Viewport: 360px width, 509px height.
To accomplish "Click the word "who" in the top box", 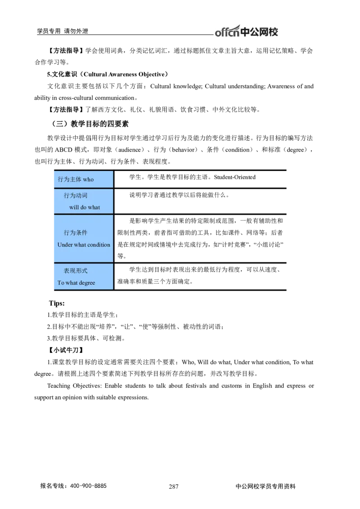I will click(x=88, y=179).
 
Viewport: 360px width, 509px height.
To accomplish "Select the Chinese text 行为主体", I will click(x=69, y=179).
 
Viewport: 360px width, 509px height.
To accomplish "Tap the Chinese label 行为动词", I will click(x=76, y=196).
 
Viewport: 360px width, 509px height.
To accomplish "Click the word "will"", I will click(x=73, y=207).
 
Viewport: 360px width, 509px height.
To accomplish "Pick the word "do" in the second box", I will click(x=83, y=207).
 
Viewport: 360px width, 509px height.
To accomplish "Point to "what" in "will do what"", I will click(x=94, y=207).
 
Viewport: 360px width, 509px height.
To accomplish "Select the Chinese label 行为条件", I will click(x=76, y=233).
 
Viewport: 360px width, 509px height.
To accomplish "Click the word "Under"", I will click(x=65, y=245).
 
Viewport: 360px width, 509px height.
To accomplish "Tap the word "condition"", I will click(x=99, y=245).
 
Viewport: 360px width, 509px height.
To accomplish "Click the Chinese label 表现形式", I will click(x=76, y=271).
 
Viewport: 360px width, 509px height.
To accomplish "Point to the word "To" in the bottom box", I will click(x=61, y=283).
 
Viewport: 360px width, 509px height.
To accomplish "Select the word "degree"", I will click(x=87, y=283).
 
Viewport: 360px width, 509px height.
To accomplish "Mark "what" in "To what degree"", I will click(x=72, y=283).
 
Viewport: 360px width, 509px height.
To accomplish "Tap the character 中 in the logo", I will click(x=246, y=32).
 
